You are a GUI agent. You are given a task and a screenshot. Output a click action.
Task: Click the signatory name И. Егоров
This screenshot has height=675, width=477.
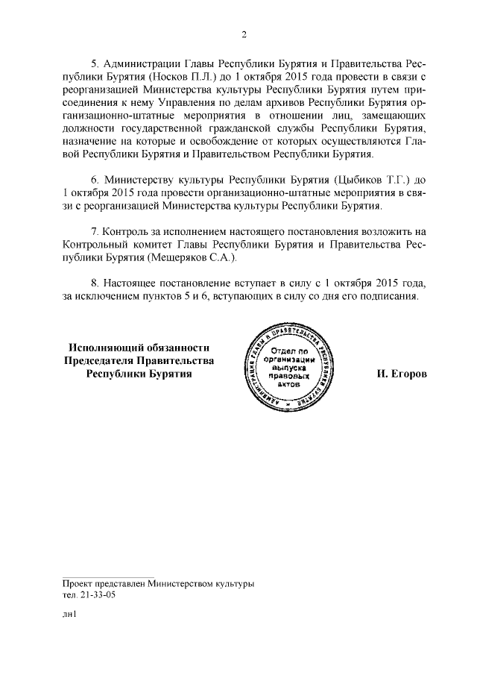click(x=402, y=373)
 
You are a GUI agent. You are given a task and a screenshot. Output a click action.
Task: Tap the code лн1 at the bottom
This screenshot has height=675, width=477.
click(x=70, y=616)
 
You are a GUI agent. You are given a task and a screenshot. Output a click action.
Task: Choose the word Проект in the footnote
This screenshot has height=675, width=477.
click(x=80, y=583)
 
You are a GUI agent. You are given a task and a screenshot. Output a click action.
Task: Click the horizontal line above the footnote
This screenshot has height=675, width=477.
click(x=109, y=574)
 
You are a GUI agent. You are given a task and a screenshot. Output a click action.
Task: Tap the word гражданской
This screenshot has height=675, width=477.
click(x=265, y=128)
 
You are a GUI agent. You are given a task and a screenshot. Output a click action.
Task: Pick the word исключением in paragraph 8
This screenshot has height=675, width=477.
click(x=109, y=295)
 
